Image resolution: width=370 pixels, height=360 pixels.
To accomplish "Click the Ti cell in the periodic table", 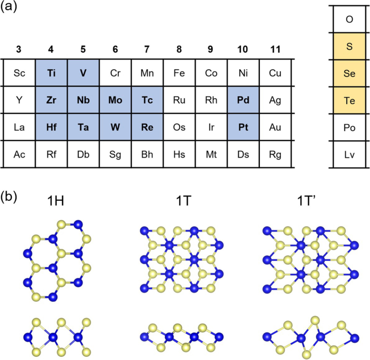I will pyautogui.click(x=51, y=73).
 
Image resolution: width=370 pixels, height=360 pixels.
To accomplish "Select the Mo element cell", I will pyautogui.click(x=115, y=100).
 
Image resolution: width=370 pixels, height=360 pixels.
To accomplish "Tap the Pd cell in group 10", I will pyautogui.click(x=243, y=100).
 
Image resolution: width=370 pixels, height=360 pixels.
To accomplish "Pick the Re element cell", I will pyautogui.click(x=147, y=127).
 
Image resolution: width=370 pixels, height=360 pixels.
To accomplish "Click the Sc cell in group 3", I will pyautogui.click(x=19, y=73).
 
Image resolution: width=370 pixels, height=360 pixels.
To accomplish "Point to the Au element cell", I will pyautogui.click(x=275, y=127).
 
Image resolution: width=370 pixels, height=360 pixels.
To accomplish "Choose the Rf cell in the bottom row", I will pyautogui.click(x=51, y=154).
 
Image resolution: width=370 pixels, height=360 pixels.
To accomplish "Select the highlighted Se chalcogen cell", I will pyautogui.click(x=349, y=73).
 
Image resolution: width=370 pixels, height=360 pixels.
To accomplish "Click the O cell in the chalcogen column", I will pyautogui.click(x=349, y=19).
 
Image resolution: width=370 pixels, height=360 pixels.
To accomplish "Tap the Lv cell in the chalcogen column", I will pyautogui.click(x=349, y=154).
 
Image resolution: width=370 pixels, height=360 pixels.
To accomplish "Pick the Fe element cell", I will pyautogui.click(x=179, y=73).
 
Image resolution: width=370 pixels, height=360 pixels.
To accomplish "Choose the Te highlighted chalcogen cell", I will pyautogui.click(x=349, y=100).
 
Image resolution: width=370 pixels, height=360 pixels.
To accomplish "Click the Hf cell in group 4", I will pyautogui.click(x=51, y=127).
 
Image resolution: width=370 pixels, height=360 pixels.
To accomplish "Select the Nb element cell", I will pyautogui.click(x=83, y=100).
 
